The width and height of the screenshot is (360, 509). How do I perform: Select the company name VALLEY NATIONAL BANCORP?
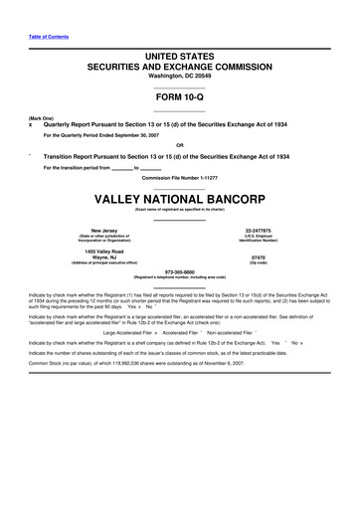click(180, 198)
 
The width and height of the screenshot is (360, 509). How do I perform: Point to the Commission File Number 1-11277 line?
click(180, 178)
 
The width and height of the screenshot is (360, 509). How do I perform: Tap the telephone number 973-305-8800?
click(180, 270)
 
